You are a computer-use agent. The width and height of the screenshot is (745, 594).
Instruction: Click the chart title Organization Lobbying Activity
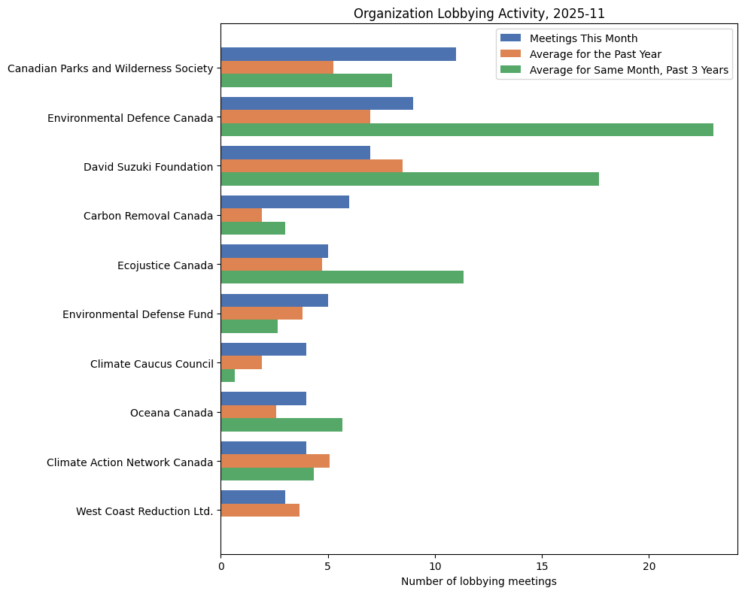tap(479, 14)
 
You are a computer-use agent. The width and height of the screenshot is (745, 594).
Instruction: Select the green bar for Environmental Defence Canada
tap(467, 130)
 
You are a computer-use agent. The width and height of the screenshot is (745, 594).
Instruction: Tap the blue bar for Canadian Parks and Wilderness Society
tap(339, 54)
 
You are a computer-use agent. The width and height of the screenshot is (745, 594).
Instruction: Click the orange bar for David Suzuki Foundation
tap(312, 165)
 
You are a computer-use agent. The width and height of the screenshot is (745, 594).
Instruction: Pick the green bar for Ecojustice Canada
tap(342, 277)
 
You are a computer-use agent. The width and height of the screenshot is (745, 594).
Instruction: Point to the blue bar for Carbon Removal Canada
tap(285, 202)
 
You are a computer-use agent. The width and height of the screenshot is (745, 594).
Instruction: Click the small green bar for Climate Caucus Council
tap(228, 375)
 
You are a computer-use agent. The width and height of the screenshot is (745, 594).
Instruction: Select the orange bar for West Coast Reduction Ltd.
tap(260, 510)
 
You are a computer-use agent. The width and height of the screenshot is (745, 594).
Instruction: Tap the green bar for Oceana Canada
tap(281, 424)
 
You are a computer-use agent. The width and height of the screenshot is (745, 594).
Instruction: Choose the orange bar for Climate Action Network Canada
tap(275, 461)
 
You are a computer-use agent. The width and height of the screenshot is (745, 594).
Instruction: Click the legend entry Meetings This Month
tap(583, 38)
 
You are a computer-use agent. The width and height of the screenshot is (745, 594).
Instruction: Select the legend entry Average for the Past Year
tap(595, 54)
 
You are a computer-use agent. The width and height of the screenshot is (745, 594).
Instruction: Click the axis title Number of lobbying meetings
tap(479, 581)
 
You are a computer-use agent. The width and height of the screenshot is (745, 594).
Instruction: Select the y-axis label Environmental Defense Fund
tap(138, 314)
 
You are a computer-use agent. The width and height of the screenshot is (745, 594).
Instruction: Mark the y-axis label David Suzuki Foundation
tap(148, 166)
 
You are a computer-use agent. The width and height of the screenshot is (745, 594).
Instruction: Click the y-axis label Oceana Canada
tap(172, 412)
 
